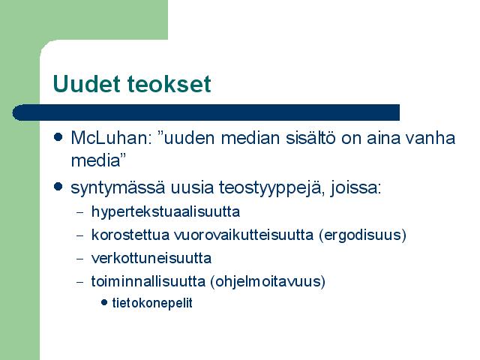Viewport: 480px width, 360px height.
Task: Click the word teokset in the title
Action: coord(169,84)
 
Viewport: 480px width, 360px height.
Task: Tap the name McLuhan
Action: coord(112,138)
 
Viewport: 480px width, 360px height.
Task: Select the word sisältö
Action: coord(310,138)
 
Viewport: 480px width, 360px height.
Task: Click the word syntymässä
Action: coord(118,188)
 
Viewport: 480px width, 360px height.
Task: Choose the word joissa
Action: coord(356,188)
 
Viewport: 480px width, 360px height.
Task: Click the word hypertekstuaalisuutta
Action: coord(166,212)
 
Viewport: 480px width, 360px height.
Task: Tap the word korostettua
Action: coord(130,235)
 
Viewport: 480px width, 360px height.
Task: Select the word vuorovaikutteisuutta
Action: coord(244,235)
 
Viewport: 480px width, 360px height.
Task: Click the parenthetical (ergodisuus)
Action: coord(362,235)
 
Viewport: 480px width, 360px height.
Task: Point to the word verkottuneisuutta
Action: coord(151,258)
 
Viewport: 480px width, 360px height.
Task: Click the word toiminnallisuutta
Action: coord(148,281)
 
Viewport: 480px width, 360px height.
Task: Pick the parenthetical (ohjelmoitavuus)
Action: coord(268,282)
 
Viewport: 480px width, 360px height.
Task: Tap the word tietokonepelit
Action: coord(152,303)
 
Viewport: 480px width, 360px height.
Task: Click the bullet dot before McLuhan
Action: coord(58,136)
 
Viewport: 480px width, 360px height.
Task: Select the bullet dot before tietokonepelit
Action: coord(104,303)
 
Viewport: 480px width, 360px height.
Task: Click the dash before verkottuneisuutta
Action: coord(80,259)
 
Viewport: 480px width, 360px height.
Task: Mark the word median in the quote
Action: coord(250,138)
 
